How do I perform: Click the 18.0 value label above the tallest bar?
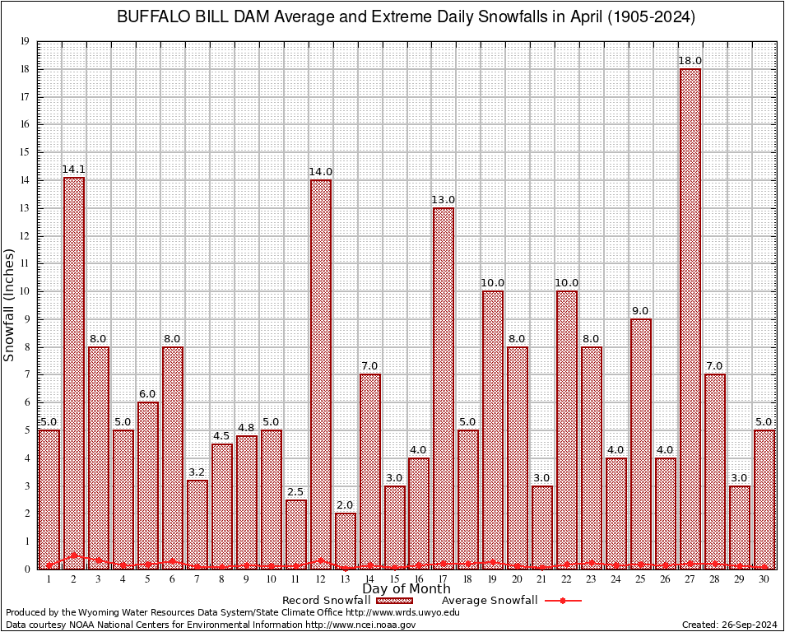tap(690, 60)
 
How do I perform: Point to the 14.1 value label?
tap(74, 170)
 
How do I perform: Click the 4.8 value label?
tap(247, 427)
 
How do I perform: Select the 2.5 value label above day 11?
tap(296, 491)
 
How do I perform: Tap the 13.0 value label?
tap(444, 199)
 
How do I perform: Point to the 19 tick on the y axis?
tap(26, 41)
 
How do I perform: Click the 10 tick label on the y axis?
tap(26, 291)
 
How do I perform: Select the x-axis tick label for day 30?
tap(764, 579)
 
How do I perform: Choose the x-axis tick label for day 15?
tap(395, 579)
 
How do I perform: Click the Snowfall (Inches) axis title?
tap(10, 304)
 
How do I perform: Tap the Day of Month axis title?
tap(406, 589)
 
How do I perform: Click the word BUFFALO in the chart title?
tap(150, 17)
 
